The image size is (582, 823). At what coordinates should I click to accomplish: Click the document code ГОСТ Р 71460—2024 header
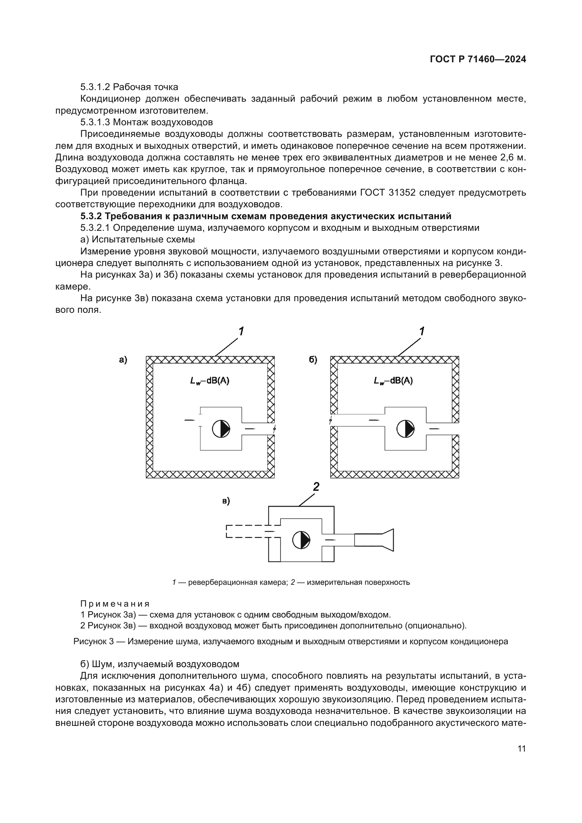click(478, 59)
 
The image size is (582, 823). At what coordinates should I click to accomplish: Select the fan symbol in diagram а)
click(221, 429)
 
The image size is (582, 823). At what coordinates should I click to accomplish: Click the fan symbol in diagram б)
click(405, 429)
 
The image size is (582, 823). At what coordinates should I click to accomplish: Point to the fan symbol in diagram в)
click(301, 540)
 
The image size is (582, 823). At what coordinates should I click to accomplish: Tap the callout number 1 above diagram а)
click(241, 331)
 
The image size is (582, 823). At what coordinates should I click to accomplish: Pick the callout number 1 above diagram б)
click(422, 331)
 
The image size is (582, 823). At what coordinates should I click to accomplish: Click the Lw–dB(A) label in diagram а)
click(210, 381)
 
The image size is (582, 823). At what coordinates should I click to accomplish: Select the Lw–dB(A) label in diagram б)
click(393, 381)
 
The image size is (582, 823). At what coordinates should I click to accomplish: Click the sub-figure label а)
click(123, 360)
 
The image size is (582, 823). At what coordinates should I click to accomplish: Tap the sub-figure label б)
click(313, 360)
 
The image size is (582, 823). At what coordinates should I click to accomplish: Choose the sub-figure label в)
click(226, 501)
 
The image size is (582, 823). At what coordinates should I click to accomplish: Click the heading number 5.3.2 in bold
click(91, 216)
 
